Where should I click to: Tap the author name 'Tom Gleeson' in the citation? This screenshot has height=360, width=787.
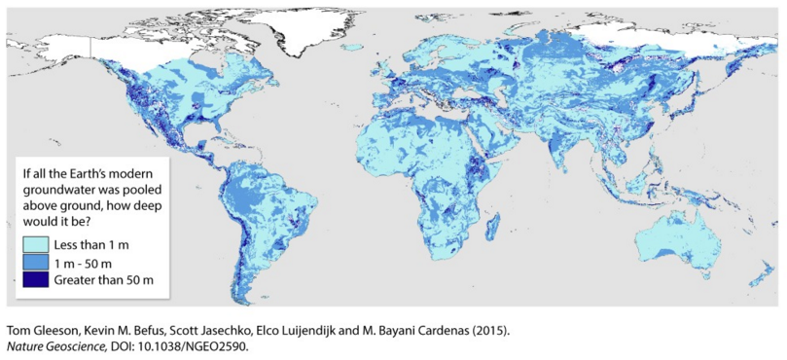[x=39, y=329]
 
